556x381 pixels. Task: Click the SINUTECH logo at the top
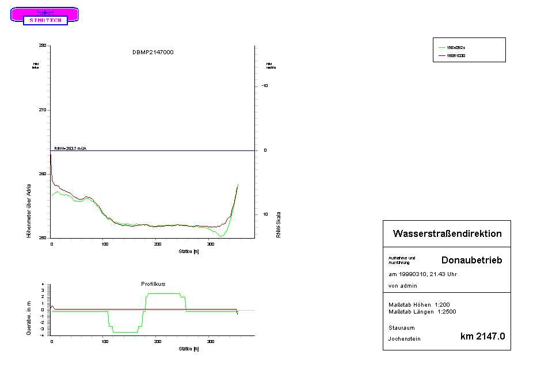click(x=45, y=16)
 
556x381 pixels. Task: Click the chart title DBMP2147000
click(x=153, y=52)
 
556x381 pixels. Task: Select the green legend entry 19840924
click(x=456, y=47)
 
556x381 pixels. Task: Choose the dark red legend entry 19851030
click(x=456, y=56)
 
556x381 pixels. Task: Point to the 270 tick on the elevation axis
click(x=42, y=110)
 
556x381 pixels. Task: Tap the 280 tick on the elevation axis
click(x=42, y=45)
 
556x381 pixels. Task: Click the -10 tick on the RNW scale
click(x=265, y=85)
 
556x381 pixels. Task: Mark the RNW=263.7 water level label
click(x=70, y=148)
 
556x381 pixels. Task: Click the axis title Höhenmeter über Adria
click(x=28, y=211)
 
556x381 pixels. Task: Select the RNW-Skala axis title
click(x=278, y=224)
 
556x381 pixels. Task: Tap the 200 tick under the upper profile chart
click(x=157, y=244)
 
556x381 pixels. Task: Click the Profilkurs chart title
click(x=153, y=284)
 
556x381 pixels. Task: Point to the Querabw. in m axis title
click(x=28, y=318)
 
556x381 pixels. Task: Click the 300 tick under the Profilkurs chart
click(x=210, y=342)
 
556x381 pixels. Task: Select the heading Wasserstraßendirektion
click(x=447, y=233)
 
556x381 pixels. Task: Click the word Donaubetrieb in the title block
click(x=471, y=260)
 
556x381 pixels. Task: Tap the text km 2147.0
click(x=482, y=337)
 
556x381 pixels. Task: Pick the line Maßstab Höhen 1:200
click(x=418, y=304)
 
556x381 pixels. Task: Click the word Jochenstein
click(x=405, y=339)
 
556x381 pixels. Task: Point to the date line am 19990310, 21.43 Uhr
click(x=423, y=274)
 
